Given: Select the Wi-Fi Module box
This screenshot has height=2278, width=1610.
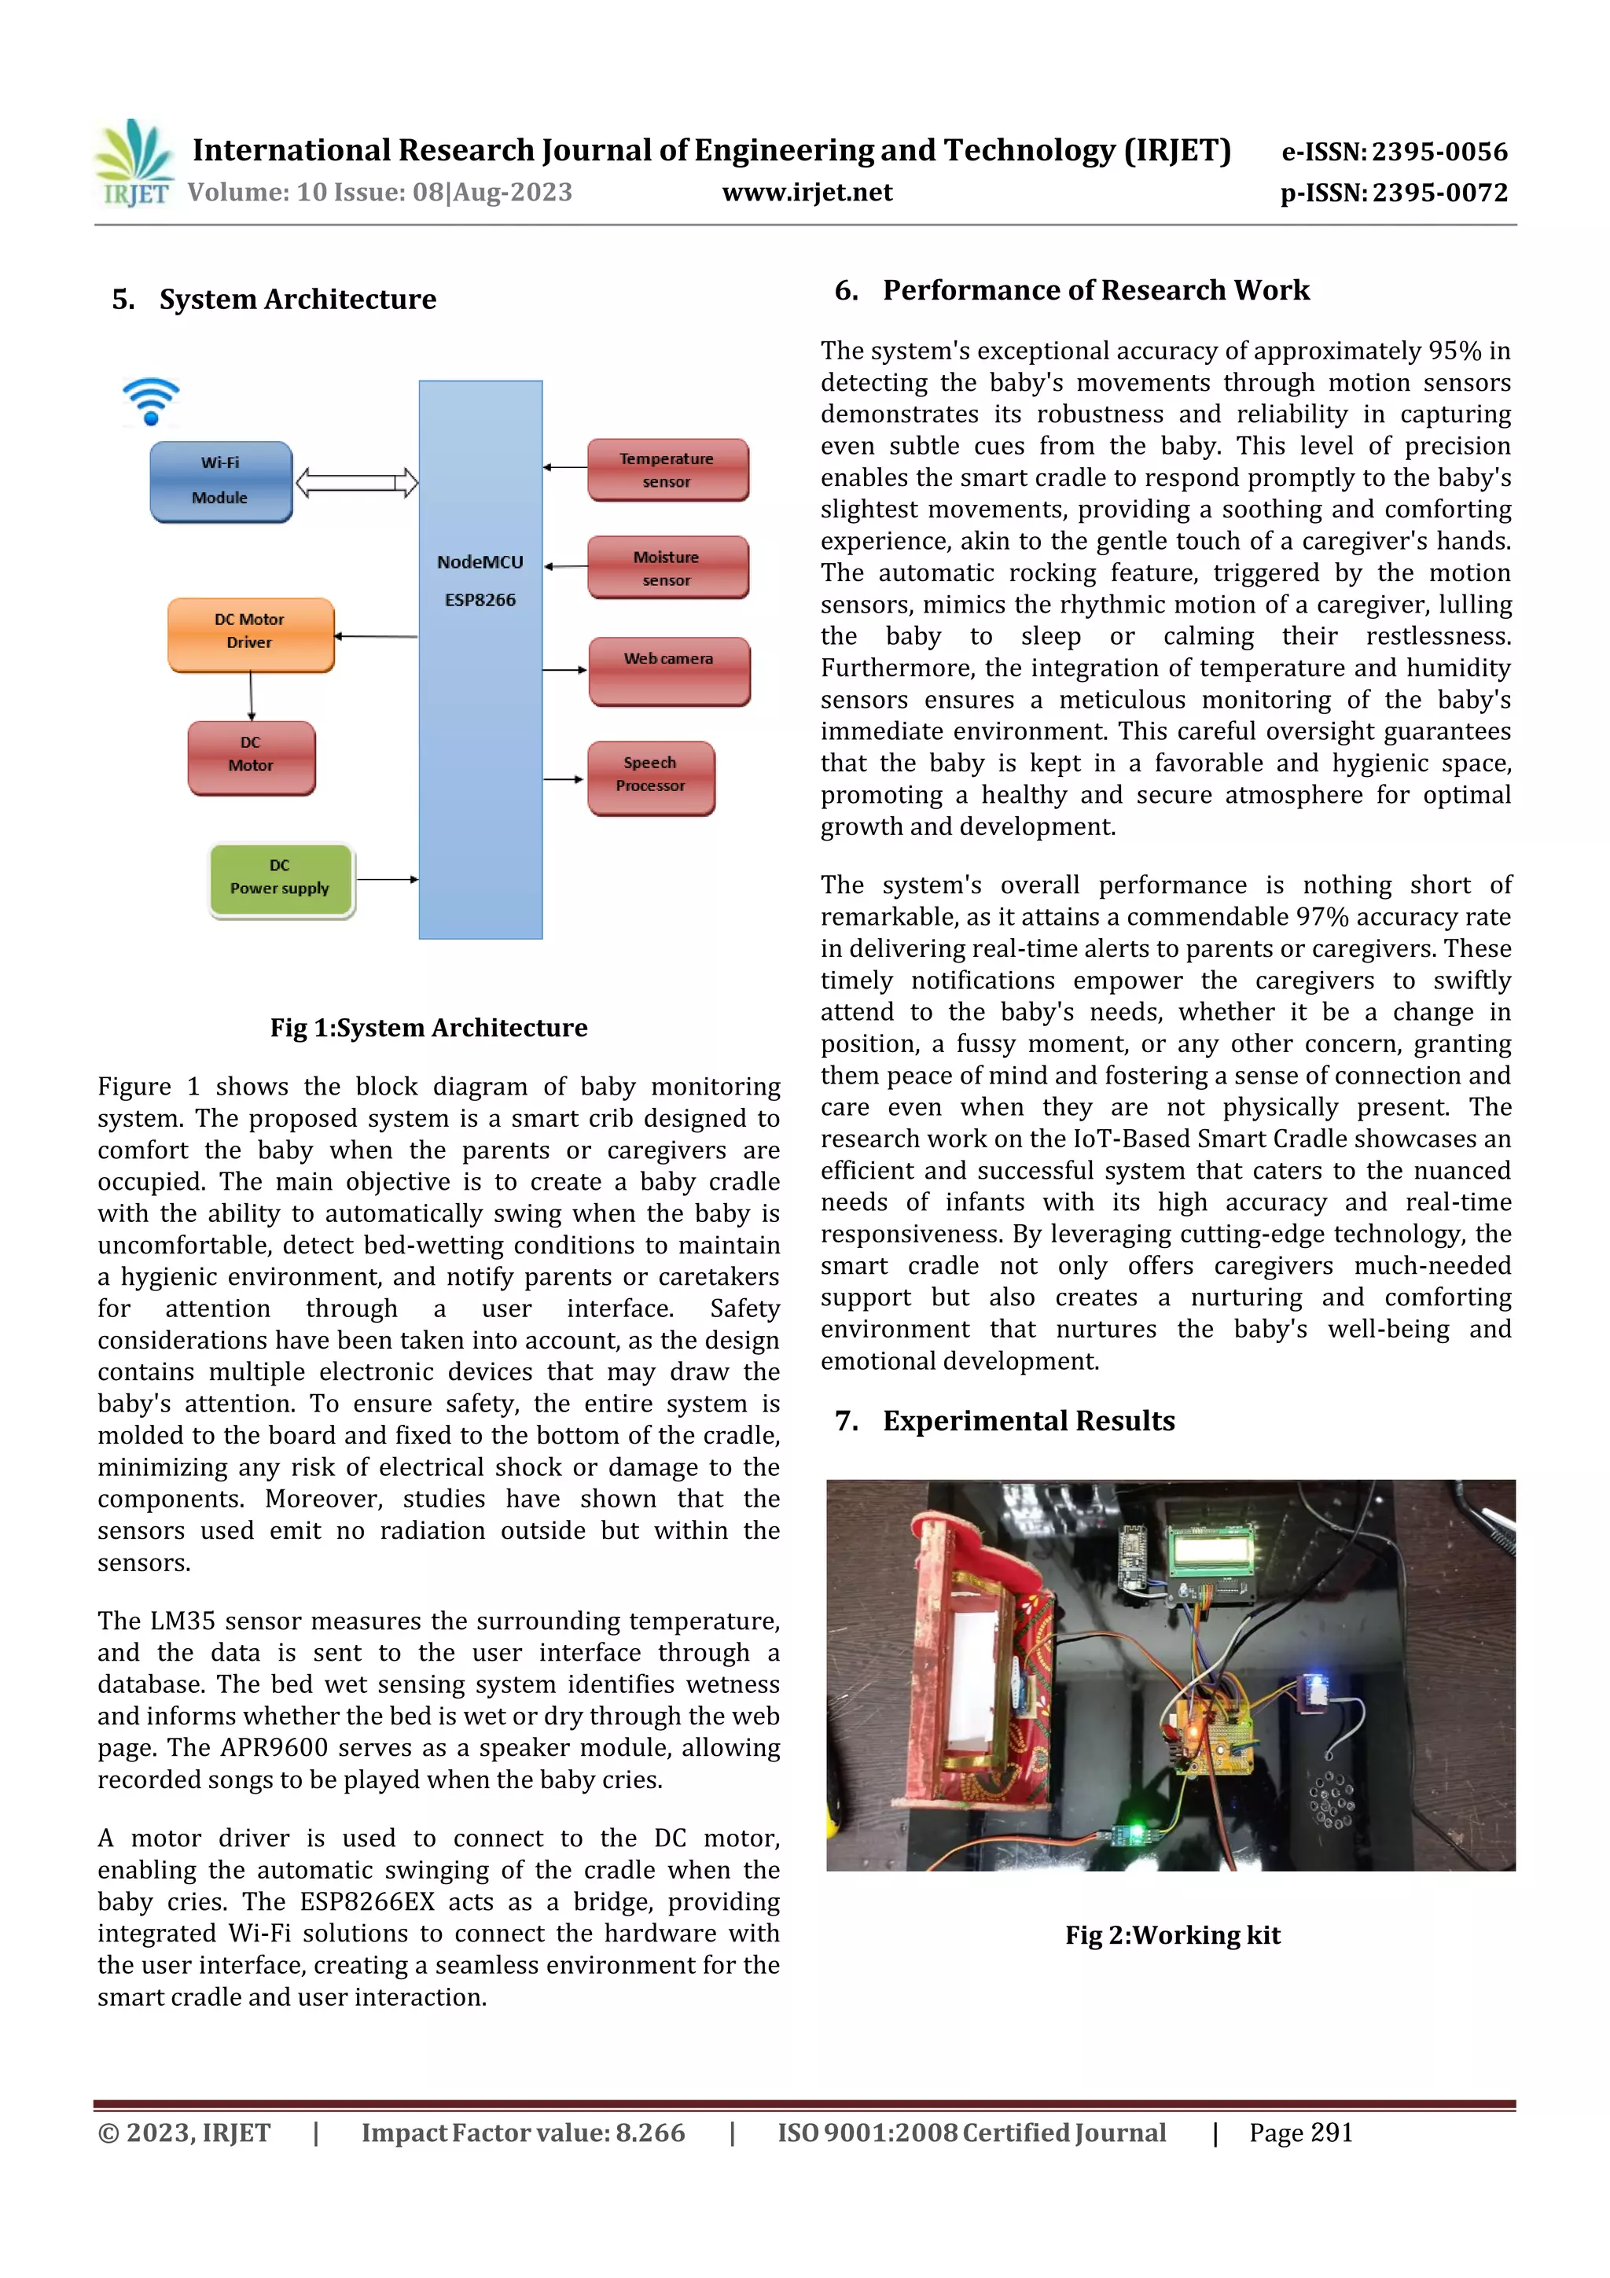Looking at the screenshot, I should pos(220,481).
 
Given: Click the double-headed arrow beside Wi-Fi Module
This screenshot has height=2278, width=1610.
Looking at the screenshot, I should pos(357,483).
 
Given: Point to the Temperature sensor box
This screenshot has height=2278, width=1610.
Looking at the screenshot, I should pos(667,469).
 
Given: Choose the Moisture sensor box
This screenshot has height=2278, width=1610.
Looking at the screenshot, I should pos(667,568).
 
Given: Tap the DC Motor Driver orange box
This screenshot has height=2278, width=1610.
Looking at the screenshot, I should pos(250,634).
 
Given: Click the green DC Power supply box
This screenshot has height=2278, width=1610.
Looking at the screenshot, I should pos(281,879).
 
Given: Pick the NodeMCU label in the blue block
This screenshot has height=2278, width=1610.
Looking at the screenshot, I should pos(480,562).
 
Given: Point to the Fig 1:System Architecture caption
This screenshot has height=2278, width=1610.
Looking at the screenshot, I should pos(428,1028).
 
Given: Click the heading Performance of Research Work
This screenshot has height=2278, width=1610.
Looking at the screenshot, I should pos(1095,291).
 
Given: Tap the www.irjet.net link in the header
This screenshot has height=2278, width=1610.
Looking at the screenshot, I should pos(807,193).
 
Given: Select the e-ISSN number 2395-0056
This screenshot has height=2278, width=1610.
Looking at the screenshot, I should pos(1439,152).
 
